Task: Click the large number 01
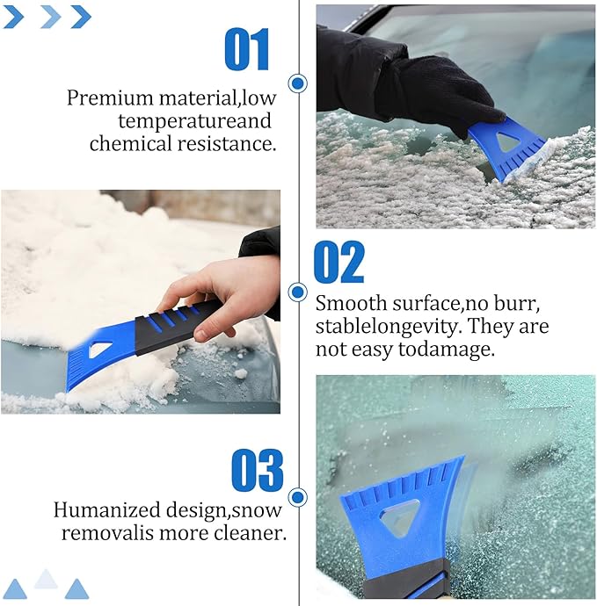247,49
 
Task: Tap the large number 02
339,262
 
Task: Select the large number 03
258,472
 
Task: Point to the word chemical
135,143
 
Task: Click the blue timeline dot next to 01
298,83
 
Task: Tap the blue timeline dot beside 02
298,292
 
